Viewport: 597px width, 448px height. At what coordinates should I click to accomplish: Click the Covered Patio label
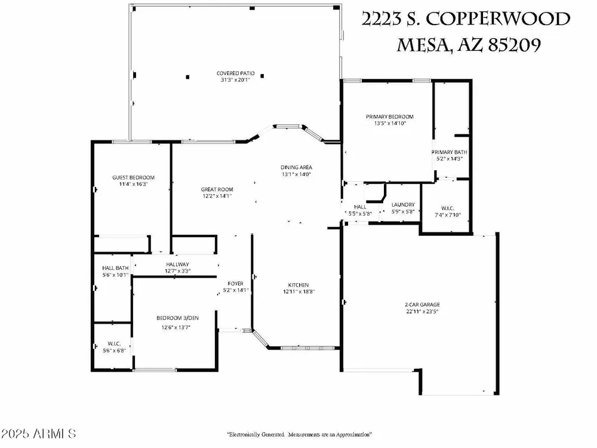tap(235, 73)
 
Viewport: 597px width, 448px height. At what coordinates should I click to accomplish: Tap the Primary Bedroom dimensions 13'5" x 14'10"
tap(389, 124)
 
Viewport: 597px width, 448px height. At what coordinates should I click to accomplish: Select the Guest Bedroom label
tap(133, 177)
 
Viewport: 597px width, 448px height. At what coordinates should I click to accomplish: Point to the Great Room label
tap(217, 189)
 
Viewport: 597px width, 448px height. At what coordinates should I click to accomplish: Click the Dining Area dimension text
tap(296, 174)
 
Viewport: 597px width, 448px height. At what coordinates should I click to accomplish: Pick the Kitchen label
tap(298, 285)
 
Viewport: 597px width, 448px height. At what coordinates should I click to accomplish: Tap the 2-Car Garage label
tap(422, 305)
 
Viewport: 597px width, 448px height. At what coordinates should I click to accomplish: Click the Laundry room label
tap(403, 205)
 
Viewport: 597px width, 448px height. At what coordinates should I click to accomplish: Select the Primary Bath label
tap(450, 152)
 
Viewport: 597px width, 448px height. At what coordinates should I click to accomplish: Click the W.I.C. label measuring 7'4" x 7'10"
tap(448, 208)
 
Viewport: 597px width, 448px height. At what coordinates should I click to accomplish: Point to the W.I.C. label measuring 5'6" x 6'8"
tap(114, 344)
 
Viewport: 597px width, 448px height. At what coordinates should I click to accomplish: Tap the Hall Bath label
tap(115, 268)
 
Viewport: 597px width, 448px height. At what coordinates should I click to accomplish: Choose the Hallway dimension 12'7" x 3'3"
tap(177, 271)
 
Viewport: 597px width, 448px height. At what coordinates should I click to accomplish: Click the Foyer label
tap(236, 284)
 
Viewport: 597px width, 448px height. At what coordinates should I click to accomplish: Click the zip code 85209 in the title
tap(515, 45)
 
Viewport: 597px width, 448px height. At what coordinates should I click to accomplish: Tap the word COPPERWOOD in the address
tap(498, 19)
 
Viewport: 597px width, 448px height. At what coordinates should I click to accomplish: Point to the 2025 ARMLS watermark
tap(38, 434)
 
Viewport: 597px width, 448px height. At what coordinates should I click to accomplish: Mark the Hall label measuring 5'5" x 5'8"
tap(360, 207)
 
